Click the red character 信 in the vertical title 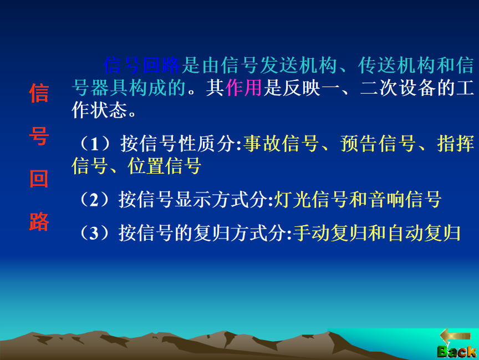(39, 93)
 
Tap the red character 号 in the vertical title (39, 136)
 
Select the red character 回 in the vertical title (39, 179)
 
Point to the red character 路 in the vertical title (39, 221)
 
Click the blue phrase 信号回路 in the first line (142, 65)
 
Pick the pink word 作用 (243, 88)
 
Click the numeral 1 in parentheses (95, 144)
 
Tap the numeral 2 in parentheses (94, 200)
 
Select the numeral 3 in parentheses (94, 233)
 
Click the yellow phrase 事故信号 (281, 144)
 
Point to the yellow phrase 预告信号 (378, 144)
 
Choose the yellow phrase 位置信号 (165, 166)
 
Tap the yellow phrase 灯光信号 (311, 200)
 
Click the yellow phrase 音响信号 (405, 200)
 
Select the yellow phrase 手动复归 (330, 233)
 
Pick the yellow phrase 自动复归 (424, 233)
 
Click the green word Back (457, 352)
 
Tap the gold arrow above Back (455, 336)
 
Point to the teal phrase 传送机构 (396, 65)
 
